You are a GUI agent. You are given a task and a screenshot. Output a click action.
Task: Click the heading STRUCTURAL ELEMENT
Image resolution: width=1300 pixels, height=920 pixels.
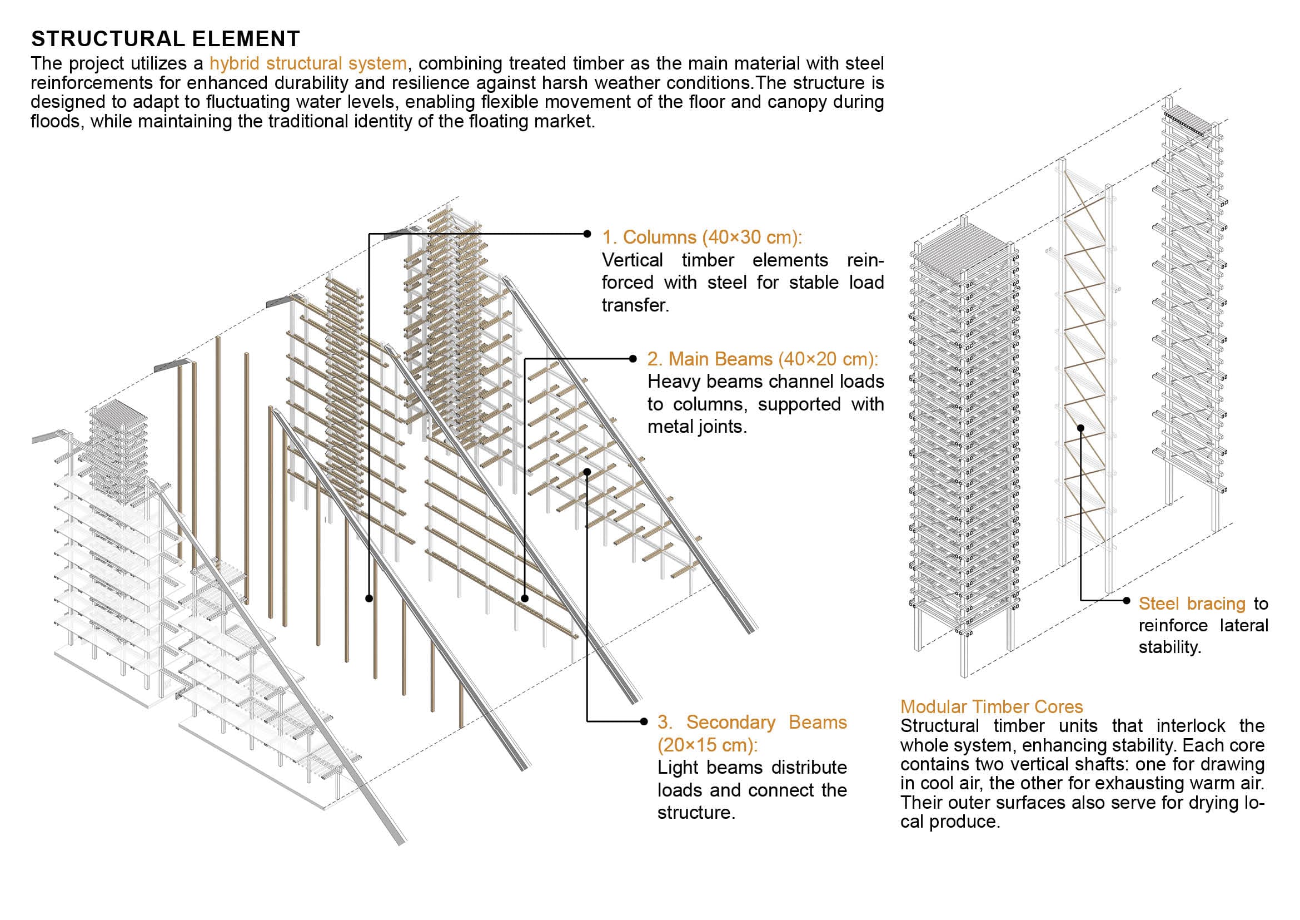tap(165, 39)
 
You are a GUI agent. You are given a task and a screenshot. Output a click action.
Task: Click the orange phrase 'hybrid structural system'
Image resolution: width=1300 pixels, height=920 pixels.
tap(308, 63)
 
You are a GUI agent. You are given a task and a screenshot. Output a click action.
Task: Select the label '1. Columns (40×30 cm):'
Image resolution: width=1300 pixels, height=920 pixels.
tap(702, 238)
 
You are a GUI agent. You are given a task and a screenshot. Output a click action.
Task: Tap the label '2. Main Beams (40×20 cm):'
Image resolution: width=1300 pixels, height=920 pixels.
tap(763, 359)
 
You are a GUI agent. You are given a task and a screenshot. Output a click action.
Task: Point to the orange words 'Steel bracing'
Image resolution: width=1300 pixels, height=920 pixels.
tap(1192, 604)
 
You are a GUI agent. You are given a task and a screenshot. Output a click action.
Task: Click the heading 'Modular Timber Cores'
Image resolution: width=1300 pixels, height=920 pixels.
tap(992, 707)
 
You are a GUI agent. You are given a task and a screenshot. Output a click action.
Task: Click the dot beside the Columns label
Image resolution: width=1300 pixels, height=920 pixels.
tap(587, 234)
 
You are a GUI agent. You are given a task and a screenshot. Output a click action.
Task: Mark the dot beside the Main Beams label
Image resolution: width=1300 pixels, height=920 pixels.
tap(633, 359)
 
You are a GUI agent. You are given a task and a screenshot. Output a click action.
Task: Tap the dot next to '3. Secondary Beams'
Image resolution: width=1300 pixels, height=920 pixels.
tap(644, 721)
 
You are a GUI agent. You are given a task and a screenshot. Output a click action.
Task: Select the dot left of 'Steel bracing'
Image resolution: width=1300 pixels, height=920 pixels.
tap(1127, 601)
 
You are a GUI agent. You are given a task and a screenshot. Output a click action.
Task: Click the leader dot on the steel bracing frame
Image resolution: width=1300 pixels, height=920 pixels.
tap(1081, 428)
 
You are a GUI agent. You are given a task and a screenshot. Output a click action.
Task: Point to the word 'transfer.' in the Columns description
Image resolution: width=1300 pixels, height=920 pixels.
tap(635, 305)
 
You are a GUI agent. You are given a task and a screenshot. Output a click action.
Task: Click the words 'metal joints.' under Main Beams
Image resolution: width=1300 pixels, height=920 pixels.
tap(697, 427)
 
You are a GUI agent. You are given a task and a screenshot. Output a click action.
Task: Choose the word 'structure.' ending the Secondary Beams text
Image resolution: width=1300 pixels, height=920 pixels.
tap(696, 813)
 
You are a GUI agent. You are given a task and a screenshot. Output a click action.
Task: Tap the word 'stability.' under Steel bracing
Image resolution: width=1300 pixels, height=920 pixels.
tap(1170, 647)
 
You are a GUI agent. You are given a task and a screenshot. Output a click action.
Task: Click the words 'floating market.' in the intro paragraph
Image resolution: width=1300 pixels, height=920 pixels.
tap(532, 121)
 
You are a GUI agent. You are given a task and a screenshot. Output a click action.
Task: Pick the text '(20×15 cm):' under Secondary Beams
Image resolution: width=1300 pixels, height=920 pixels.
tap(707, 745)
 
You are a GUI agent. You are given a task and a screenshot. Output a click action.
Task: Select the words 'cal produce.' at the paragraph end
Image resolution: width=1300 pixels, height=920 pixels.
tap(950, 822)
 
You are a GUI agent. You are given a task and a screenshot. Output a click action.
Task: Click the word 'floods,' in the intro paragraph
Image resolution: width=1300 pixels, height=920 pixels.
tap(58, 121)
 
